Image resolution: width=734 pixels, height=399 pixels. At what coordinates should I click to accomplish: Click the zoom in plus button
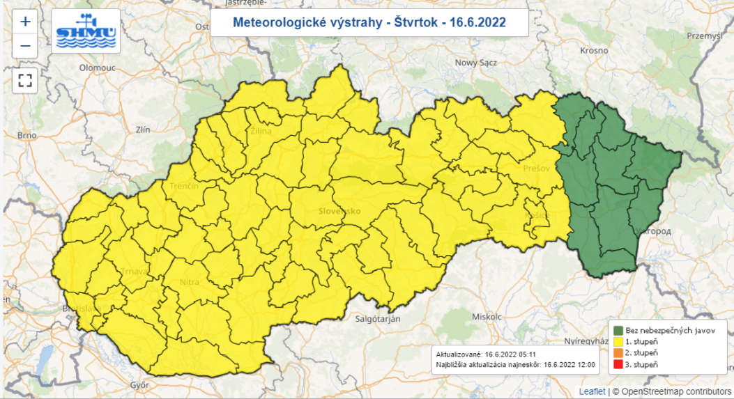pos(25,22)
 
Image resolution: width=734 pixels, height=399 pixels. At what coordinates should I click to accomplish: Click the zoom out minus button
pos(25,46)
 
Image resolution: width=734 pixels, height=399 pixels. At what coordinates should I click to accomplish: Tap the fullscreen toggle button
pos(25,79)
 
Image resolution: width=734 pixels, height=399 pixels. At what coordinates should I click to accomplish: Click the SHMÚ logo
pos(86,31)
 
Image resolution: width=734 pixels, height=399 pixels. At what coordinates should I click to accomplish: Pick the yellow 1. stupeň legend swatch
pos(618,342)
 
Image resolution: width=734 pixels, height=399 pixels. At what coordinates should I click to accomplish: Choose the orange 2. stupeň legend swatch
pos(618,353)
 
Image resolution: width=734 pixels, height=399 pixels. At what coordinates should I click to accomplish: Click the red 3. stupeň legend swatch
pos(618,364)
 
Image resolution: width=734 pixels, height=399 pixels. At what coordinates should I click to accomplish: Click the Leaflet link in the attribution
pos(591,391)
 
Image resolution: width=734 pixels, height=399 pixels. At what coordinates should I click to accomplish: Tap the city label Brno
pos(26,134)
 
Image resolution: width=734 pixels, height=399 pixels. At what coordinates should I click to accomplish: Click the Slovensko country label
pos(339,210)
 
